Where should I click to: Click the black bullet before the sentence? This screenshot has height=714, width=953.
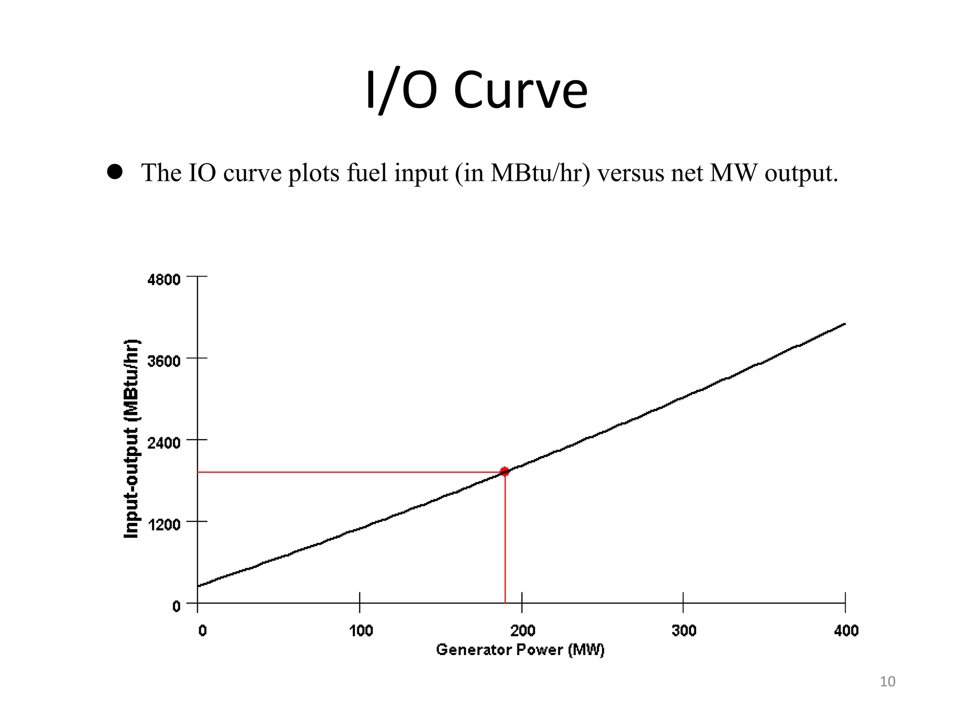[114, 172]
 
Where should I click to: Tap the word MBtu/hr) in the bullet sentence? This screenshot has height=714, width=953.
[540, 173]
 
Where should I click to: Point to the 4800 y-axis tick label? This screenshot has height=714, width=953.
[164, 280]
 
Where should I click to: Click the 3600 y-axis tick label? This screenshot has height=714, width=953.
[164, 361]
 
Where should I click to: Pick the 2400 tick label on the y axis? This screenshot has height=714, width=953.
[164, 443]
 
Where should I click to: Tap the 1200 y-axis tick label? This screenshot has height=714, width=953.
[164, 524]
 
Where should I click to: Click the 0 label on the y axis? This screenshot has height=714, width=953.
[176, 606]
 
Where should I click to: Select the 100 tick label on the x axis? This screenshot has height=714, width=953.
[361, 631]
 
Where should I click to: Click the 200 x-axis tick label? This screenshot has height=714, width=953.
[523, 631]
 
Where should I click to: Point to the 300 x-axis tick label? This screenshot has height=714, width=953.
[684, 631]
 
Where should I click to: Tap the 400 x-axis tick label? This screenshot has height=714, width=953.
[846, 631]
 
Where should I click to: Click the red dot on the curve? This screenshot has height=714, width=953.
[504, 472]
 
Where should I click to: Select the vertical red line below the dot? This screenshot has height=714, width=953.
[505, 539]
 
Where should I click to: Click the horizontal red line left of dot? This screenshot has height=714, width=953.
[349, 472]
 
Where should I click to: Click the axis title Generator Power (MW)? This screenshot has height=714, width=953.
[520, 649]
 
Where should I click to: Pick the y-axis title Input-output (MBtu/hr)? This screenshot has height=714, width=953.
[132, 439]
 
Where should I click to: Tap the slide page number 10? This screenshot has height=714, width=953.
[887, 681]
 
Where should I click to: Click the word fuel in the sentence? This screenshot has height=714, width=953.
[367, 173]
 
